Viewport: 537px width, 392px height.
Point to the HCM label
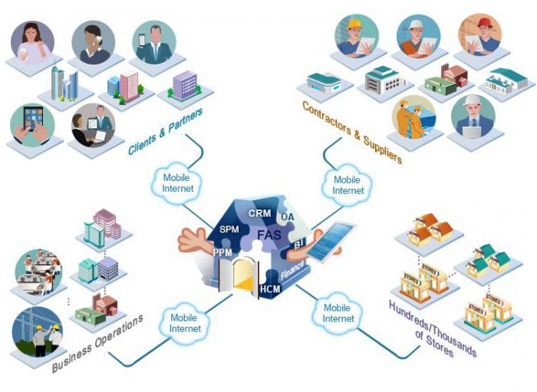point(270,289)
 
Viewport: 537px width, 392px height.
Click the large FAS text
point(268,234)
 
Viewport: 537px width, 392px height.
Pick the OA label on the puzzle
point(288,218)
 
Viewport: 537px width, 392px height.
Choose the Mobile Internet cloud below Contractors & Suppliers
point(349,185)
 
